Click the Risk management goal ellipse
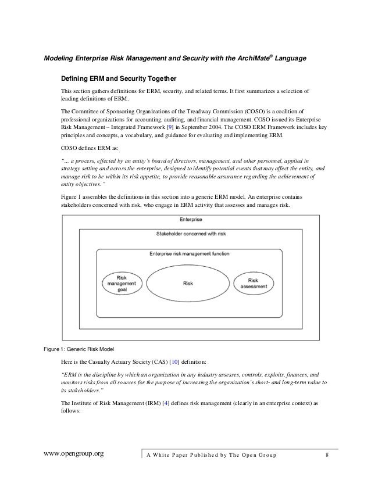[x=122, y=282]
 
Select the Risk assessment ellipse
[x=254, y=282]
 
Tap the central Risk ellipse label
[x=188, y=284]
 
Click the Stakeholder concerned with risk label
[x=191, y=232]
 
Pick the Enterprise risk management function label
[x=189, y=254]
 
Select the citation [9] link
[x=169, y=126]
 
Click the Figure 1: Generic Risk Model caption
[x=76, y=349]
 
